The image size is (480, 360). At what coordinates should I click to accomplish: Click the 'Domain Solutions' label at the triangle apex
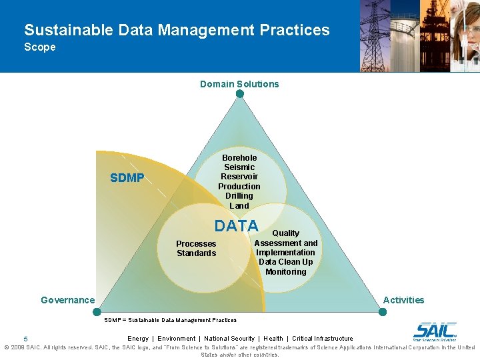tap(239, 84)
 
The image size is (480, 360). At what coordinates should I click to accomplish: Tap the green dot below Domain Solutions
tap(240, 94)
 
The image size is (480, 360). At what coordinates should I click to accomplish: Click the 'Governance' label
tap(68, 300)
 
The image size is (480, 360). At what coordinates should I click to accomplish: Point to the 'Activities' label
tap(403, 300)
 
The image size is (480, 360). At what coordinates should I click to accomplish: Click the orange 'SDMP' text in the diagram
tap(127, 178)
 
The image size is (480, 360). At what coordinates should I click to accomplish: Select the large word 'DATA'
tap(236, 226)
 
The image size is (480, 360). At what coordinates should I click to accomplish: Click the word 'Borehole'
tap(239, 158)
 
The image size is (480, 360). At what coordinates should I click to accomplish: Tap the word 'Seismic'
tap(239, 167)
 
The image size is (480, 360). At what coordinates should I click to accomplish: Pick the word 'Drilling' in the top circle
tap(239, 196)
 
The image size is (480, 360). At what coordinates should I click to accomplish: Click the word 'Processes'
tap(196, 244)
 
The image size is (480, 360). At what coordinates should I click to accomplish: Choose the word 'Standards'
tap(196, 253)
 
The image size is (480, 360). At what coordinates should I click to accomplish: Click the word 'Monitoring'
tap(285, 271)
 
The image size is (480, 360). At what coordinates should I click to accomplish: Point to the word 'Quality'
tap(285, 233)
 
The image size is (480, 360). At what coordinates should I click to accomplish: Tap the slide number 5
tap(25, 339)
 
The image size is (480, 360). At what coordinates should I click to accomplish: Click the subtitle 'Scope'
tap(40, 47)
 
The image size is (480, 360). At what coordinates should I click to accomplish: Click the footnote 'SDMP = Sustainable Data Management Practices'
tap(171, 320)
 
